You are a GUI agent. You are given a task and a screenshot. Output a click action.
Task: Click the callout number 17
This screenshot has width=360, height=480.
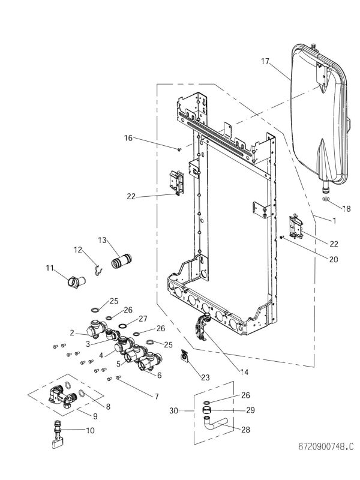click(266, 61)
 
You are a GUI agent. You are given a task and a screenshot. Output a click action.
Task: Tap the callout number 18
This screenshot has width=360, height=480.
click(346, 209)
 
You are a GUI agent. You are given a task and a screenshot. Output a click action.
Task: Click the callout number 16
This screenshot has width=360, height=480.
click(128, 138)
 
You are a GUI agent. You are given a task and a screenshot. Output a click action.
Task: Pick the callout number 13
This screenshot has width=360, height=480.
click(102, 240)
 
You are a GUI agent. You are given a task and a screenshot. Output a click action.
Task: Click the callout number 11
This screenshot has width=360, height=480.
click(50, 268)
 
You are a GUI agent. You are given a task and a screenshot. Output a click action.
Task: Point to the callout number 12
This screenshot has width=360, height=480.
click(78, 249)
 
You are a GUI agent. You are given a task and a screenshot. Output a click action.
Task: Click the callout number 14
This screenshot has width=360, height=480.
click(244, 372)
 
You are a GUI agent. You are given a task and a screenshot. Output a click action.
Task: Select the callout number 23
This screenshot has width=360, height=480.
click(205, 377)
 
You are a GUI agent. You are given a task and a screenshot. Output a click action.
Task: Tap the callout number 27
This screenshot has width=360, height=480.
click(143, 318)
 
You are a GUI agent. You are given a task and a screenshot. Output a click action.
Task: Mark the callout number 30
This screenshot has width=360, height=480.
click(173, 411)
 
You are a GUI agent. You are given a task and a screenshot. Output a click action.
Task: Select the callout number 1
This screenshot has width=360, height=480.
click(334, 220)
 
